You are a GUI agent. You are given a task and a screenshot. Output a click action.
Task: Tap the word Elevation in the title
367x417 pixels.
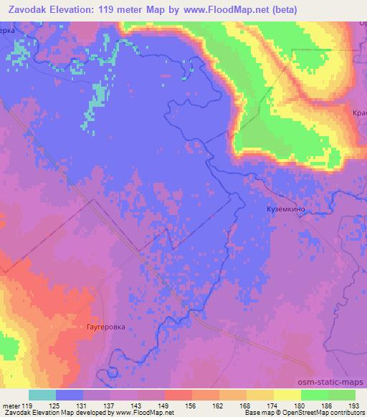tap(72, 9)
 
